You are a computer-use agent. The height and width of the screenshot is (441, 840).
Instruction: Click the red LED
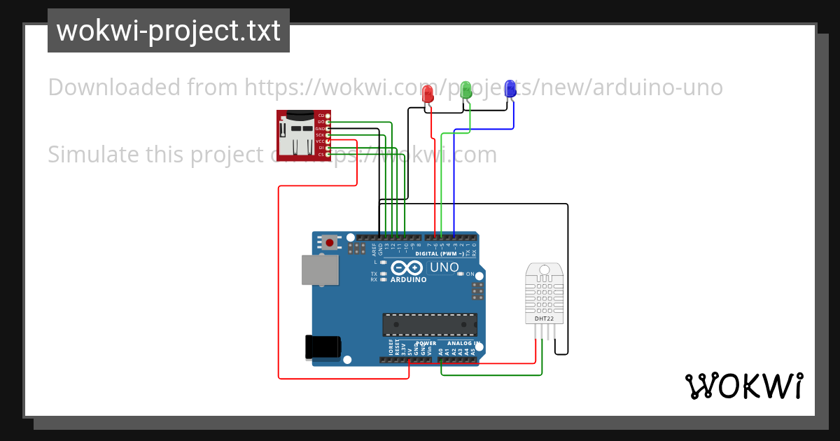[x=428, y=92]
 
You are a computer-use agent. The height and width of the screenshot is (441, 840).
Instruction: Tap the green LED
[x=466, y=90]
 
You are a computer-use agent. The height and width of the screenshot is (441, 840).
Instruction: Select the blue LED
[x=510, y=88]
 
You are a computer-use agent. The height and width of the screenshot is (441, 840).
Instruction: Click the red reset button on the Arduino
[x=330, y=242]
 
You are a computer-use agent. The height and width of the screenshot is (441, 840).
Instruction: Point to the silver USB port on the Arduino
[x=320, y=269]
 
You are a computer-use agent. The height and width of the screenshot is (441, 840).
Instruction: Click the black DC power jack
[x=323, y=347]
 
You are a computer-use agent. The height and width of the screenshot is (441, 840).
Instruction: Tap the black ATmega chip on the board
[x=430, y=325]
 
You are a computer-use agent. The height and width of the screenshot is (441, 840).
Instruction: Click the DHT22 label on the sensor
[x=544, y=318]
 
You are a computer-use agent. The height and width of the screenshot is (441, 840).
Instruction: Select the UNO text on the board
[x=444, y=267]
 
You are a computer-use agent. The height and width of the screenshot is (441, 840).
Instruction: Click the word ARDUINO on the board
[x=407, y=280]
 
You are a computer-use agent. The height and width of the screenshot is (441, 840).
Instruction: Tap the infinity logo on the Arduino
[x=407, y=268]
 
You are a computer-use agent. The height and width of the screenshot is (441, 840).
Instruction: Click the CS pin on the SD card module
[x=328, y=155]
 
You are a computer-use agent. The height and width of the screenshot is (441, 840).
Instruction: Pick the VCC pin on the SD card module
[x=328, y=141]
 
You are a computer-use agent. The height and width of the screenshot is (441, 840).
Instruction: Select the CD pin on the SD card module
[x=328, y=115]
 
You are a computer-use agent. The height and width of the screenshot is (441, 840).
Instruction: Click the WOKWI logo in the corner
[x=743, y=386]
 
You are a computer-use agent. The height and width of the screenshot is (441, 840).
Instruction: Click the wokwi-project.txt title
[x=168, y=31]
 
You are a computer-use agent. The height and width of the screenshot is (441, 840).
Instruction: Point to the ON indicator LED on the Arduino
[x=460, y=274]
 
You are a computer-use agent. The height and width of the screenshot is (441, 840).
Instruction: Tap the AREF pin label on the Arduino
[x=374, y=248]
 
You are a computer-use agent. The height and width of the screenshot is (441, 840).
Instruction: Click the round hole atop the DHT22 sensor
[x=544, y=269]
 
